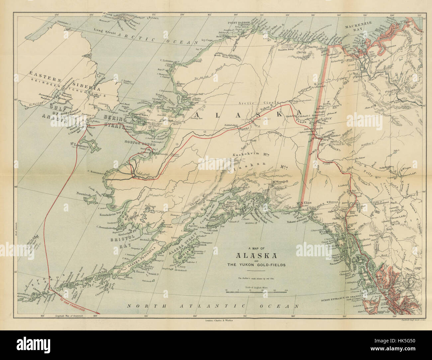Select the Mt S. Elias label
[304, 202]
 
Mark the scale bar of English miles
[256, 292]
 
